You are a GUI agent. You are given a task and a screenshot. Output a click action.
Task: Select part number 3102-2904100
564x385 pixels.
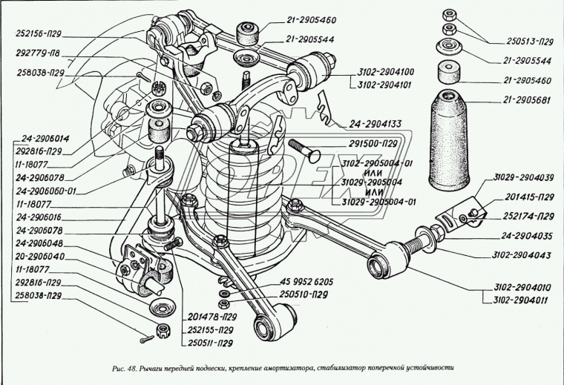click(372, 72)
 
